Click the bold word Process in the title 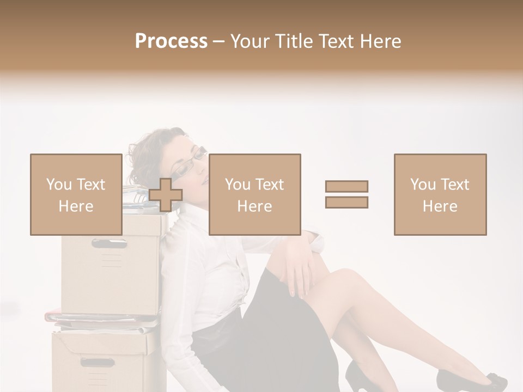click(x=171, y=41)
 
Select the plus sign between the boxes click(x=166, y=195)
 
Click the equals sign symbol click(x=346, y=194)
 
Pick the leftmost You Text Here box click(x=76, y=194)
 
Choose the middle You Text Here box click(x=254, y=194)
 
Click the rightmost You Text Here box click(x=440, y=194)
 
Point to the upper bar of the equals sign click(x=346, y=186)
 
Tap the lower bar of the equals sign click(x=346, y=203)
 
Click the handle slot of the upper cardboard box click(x=109, y=243)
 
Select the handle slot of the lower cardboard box click(x=98, y=362)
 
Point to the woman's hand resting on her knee click(x=300, y=267)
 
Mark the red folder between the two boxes click(x=98, y=317)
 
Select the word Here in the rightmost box click(x=440, y=206)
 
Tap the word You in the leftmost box click(x=58, y=184)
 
